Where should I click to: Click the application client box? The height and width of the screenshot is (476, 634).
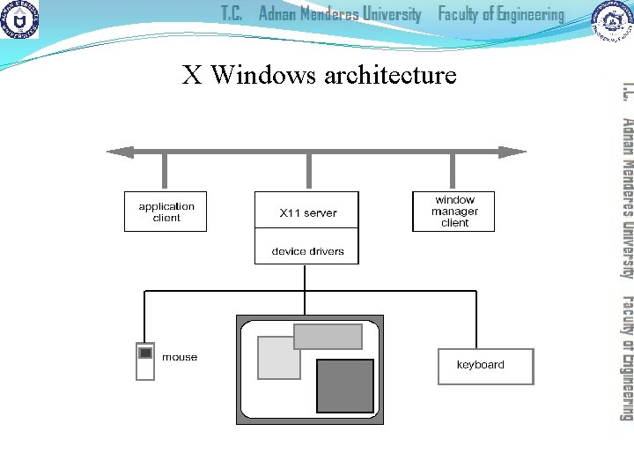[166, 212]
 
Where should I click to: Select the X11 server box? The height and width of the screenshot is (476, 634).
[307, 211]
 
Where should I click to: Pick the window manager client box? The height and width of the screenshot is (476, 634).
[453, 212]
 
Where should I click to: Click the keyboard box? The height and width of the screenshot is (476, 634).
[485, 367]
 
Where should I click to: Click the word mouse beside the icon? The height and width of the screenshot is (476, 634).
[180, 357]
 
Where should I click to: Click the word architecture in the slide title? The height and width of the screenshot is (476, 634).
[390, 75]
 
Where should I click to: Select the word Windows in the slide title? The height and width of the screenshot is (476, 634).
[263, 75]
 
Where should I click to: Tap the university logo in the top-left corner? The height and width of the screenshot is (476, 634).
[19, 19]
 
